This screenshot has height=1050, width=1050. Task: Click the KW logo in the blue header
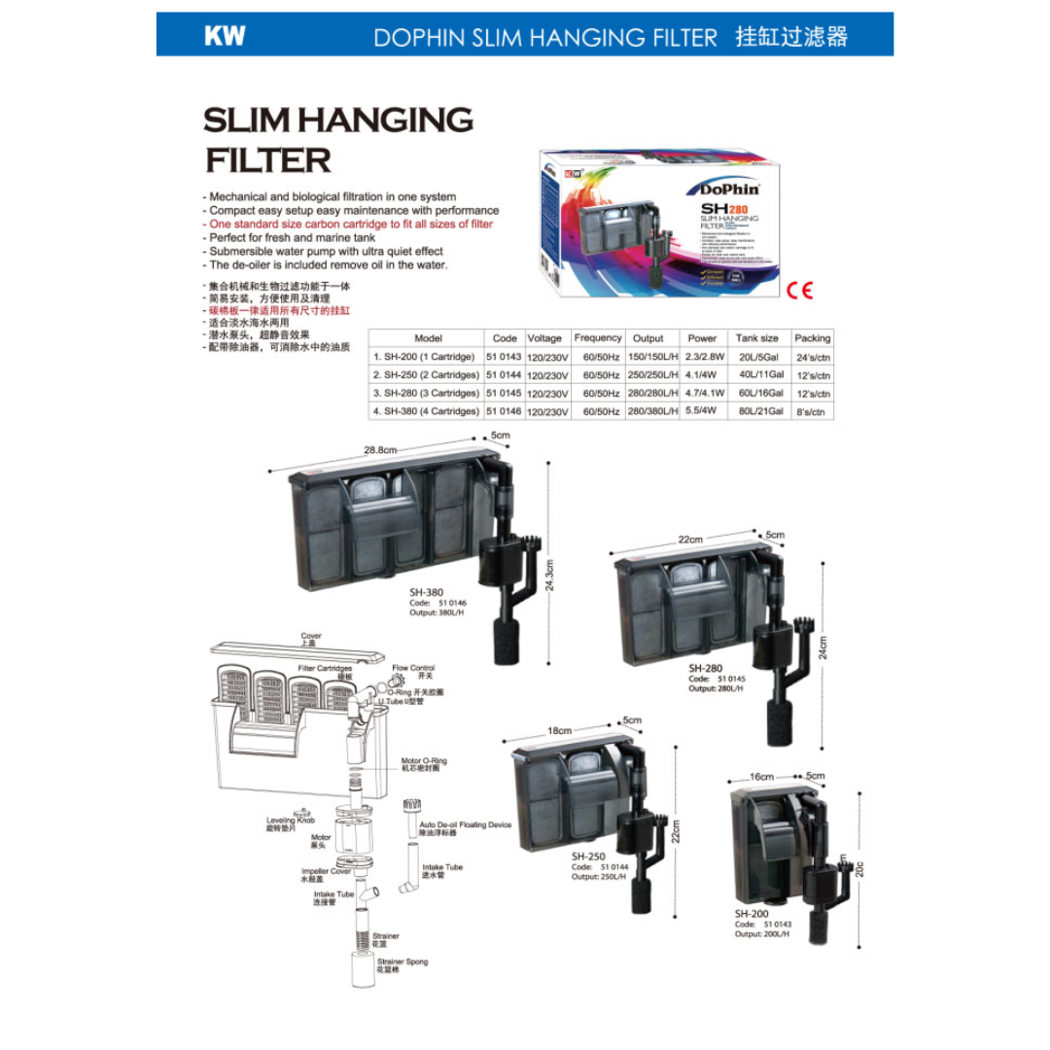tap(225, 37)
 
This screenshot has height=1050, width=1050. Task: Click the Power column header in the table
tap(702, 338)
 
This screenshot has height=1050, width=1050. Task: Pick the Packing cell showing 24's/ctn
tap(812, 357)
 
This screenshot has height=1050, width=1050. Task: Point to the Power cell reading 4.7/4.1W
tap(702, 394)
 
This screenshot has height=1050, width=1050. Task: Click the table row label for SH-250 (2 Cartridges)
tap(427, 375)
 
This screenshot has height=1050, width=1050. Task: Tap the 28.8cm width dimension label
tap(381, 450)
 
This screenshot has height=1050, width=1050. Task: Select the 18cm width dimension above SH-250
tap(559, 730)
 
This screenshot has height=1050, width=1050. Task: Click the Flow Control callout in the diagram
tap(413, 669)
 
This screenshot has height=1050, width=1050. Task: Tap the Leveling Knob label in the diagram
tap(291, 820)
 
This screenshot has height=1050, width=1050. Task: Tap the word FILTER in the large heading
tap(267, 159)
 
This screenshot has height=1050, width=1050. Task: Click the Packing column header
tap(812, 338)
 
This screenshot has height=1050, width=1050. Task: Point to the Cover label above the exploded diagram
tap(311, 636)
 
